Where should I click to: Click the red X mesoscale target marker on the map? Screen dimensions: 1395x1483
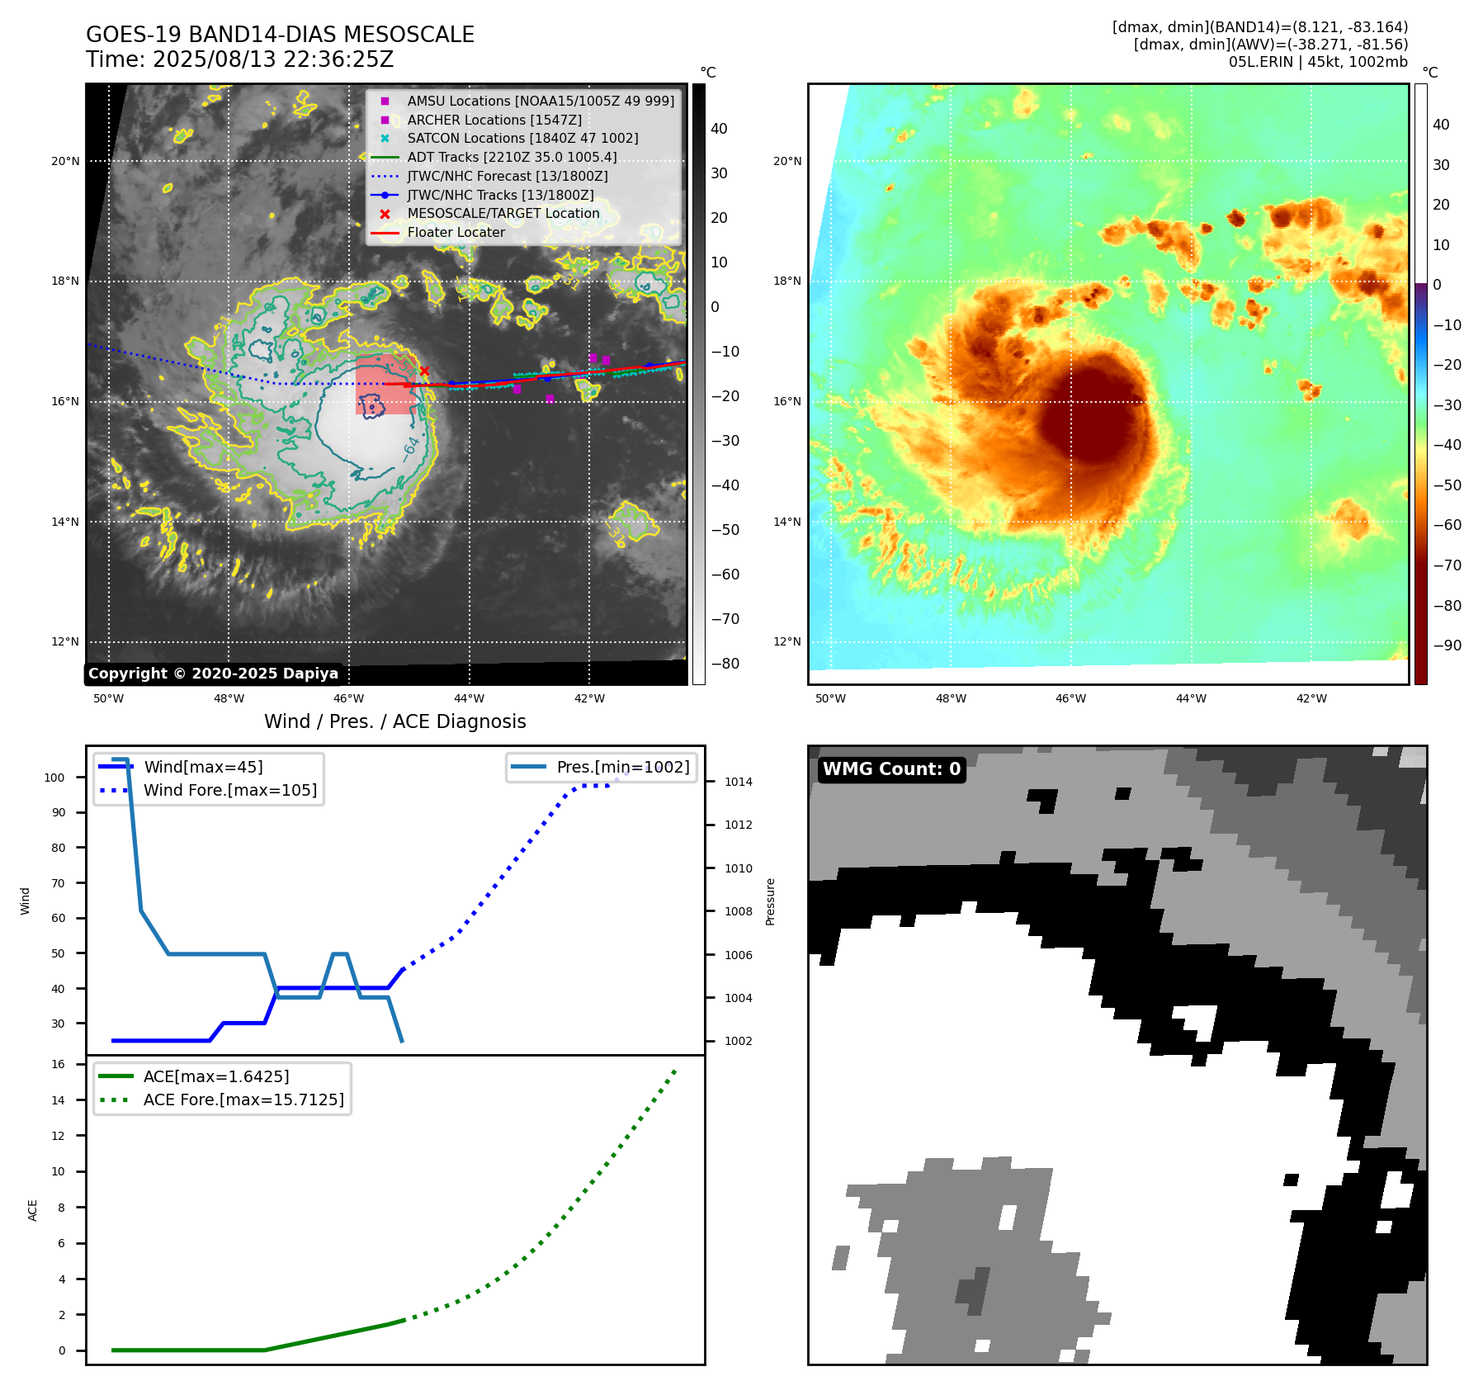pyautogui.click(x=424, y=371)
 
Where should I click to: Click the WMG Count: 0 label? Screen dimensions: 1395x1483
pyautogui.click(x=891, y=769)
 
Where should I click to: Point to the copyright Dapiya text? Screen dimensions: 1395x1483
pyautogui.click(x=213, y=674)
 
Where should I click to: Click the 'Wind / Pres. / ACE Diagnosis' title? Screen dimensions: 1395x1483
pyautogui.click(x=394, y=721)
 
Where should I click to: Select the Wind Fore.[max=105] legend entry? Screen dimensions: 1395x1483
pyautogui.click(x=229, y=790)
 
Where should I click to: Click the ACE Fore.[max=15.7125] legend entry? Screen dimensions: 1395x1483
pyautogui.click(x=243, y=1099)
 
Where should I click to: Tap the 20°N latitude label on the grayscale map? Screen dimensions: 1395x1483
pyautogui.click(x=65, y=162)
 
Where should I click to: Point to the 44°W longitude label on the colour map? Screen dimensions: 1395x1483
pyautogui.click(x=1191, y=698)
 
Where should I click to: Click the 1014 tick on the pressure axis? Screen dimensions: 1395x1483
pyautogui.click(x=738, y=782)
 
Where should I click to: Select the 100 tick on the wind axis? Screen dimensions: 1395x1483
pyautogui.click(x=54, y=778)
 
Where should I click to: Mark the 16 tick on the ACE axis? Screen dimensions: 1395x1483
pyautogui.click(x=59, y=1064)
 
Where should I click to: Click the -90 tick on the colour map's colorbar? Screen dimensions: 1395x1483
pyautogui.click(x=1447, y=645)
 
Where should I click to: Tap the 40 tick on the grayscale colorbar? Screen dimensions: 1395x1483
pyautogui.click(x=719, y=129)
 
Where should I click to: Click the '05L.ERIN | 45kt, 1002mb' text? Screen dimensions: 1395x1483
pyautogui.click(x=1318, y=62)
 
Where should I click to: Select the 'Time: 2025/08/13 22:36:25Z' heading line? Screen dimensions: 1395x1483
pyautogui.click(x=239, y=59)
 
